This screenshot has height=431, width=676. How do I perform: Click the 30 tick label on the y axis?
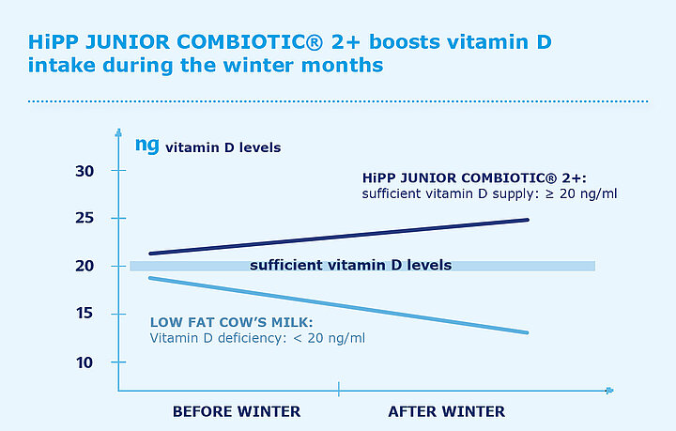pos(84,171)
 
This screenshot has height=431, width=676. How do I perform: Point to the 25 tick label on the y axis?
pos(84,219)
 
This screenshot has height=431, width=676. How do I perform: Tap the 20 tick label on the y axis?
pos(84,267)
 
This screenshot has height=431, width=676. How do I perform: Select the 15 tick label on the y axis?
pos(84,315)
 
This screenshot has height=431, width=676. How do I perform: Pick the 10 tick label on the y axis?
pos(84,362)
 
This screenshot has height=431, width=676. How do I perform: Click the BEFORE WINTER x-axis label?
pos(237,411)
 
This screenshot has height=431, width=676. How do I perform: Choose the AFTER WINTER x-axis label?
pos(447,411)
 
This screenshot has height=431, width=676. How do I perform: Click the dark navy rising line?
pos(338,237)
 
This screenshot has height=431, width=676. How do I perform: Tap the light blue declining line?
pos(338,305)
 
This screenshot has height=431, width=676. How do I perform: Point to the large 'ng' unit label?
pos(146,145)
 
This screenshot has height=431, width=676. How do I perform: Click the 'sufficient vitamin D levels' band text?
pos(350,266)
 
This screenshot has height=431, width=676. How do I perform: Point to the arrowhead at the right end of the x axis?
pos(609,390)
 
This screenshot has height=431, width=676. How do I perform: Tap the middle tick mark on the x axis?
pos(338,390)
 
